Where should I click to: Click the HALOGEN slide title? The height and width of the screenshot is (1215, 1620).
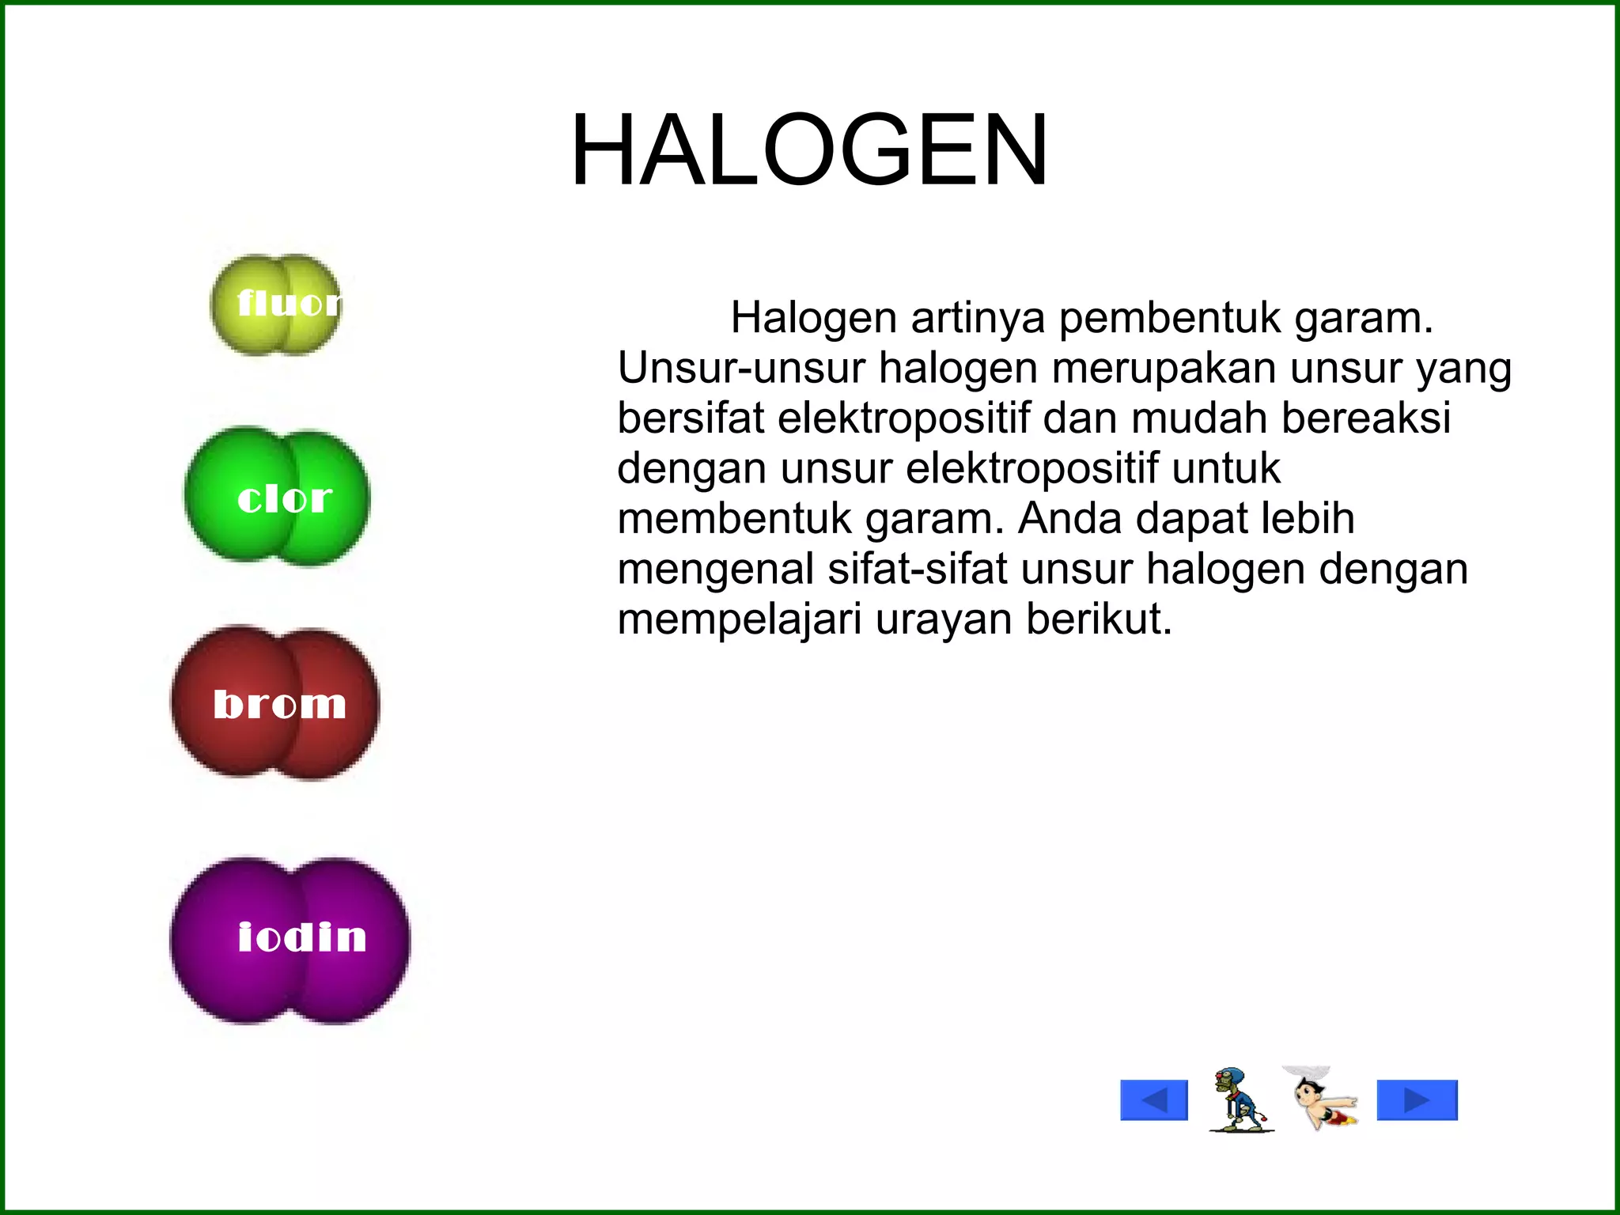(x=809, y=150)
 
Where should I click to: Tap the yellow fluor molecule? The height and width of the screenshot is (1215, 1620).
(x=276, y=305)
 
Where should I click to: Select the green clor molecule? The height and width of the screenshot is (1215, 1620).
(x=277, y=497)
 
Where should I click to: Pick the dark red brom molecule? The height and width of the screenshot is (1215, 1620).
(x=275, y=703)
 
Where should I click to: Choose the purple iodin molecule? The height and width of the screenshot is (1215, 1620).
(x=290, y=940)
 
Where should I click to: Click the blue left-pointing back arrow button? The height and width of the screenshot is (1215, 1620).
(x=1154, y=1100)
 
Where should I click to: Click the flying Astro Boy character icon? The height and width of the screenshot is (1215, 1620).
(x=1322, y=1099)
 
